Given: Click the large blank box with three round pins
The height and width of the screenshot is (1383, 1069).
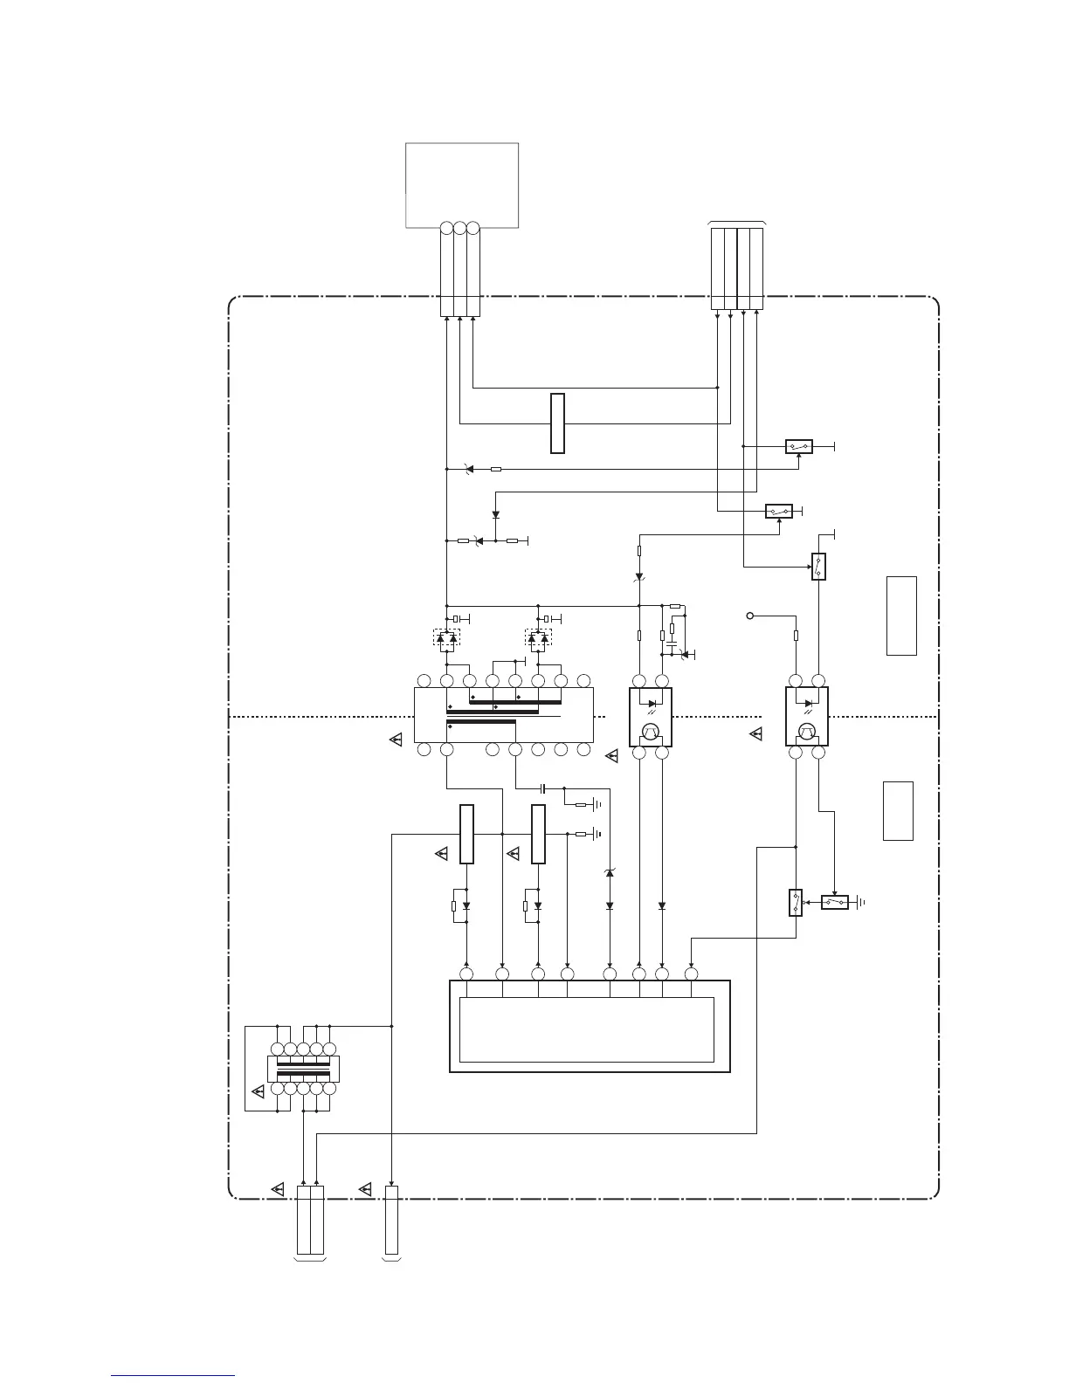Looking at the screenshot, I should [x=462, y=185].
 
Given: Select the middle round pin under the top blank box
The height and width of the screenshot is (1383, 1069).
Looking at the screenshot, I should [x=460, y=228].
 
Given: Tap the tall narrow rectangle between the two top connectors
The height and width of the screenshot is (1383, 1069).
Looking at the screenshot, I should [x=557, y=423].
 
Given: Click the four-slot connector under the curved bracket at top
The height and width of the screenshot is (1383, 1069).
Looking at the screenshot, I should [x=737, y=269].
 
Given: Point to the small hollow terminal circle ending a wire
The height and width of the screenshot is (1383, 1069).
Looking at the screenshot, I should [x=750, y=616].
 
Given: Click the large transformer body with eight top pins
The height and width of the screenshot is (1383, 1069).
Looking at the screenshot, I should [x=503, y=715].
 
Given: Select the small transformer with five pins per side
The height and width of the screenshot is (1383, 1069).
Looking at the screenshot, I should [x=302, y=1069].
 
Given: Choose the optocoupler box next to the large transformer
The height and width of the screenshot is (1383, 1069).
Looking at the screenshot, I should [x=651, y=717].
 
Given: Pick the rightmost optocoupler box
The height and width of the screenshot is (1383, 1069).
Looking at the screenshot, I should [x=806, y=716].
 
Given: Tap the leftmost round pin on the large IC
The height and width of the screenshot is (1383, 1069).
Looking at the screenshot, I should [x=466, y=974].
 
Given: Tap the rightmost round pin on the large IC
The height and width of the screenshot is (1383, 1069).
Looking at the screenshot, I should [x=691, y=974].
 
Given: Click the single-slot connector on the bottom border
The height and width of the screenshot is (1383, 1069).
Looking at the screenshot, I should [x=391, y=1220].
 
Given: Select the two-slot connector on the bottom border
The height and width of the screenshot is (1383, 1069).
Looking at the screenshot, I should [x=310, y=1220].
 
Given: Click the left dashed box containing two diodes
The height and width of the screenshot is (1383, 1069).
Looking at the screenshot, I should [x=446, y=639].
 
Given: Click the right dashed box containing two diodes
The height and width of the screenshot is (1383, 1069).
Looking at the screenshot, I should [x=538, y=639].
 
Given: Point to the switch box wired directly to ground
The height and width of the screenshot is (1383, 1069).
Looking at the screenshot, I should [x=835, y=902].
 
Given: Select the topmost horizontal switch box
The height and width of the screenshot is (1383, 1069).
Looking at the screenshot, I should [x=799, y=446].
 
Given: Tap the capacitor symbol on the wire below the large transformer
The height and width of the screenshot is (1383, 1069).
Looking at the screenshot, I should [x=543, y=788].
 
